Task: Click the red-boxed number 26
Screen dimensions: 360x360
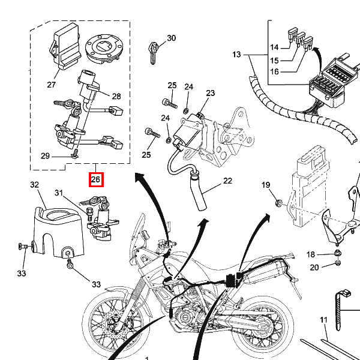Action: click(96, 179)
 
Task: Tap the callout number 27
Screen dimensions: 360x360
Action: click(52, 85)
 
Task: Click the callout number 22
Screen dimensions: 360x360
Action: click(227, 181)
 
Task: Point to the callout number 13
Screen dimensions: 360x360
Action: click(236, 55)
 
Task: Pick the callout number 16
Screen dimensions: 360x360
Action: click(274, 71)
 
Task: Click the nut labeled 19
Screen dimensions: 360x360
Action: click(278, 203)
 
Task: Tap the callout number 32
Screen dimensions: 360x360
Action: click(35, 185)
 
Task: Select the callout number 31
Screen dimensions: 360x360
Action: click(59, 193)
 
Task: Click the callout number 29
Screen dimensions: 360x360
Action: click(45, 156)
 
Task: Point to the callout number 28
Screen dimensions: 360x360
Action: click(116, 96)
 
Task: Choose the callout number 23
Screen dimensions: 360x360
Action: click(211, 93)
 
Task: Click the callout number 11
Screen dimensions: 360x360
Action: click(323, 320)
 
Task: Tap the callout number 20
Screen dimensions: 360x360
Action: click(314, 268)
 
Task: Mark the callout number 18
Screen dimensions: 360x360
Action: click(311, 254)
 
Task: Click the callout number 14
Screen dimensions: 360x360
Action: click(274, 47)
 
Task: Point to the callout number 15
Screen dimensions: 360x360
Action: click(274, 61)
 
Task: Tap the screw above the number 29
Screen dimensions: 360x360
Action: click(76, 154)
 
